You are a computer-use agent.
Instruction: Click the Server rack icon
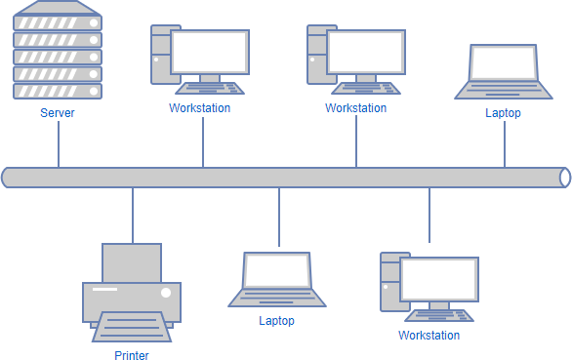point(58,51)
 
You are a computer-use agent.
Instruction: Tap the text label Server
point(58,113)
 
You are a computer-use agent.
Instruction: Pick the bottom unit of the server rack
point(58,90)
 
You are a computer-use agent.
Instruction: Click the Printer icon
point(132,293)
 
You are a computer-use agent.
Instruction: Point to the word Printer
point(132,356)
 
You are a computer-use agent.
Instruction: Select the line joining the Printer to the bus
point(132,215)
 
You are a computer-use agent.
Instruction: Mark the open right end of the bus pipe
point(565,177)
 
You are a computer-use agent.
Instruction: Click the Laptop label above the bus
point(504,113)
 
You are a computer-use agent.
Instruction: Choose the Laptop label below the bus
point(277,320)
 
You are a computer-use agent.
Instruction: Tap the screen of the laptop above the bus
point(504,62)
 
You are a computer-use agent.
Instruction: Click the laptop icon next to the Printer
point(277,280)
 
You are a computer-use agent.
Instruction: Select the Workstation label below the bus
point(429,336)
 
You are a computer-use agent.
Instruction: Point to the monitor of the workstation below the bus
point(439,279)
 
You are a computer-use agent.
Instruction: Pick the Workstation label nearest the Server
point(200,108)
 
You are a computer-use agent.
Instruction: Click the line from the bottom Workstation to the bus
point(429,215)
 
